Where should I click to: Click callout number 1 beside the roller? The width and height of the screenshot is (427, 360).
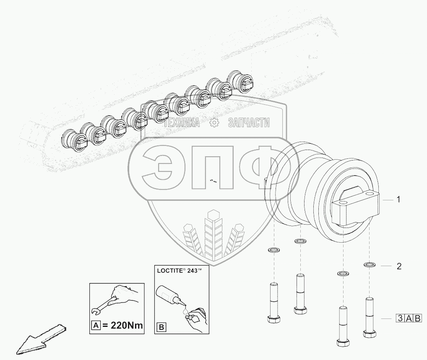coord(398,200)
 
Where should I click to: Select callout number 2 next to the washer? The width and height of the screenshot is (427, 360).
coord(399,266)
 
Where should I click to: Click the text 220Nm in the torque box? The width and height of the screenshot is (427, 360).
coord(126,325)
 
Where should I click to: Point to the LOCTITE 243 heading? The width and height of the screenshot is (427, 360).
coord(180,271)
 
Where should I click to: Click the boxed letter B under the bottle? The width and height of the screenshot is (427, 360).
coord(161,327)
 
